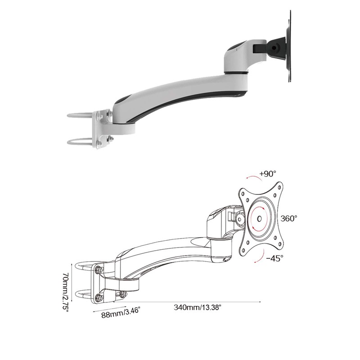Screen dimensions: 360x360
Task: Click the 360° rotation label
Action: [289, 218]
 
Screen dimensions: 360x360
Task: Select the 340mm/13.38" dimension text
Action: [198, 307]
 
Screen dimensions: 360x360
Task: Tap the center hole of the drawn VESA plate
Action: [260, 219]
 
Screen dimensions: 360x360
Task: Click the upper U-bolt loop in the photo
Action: [81, 116]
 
